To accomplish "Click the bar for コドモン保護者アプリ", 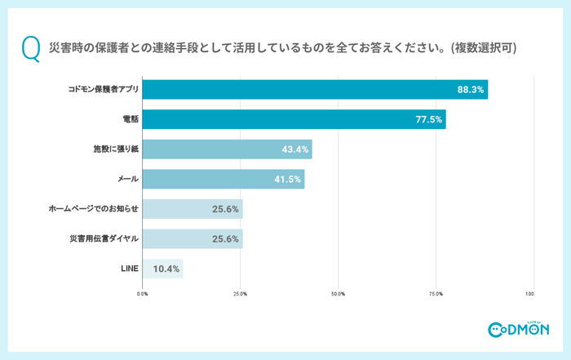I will pos(315,90).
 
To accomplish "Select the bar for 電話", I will pos(294,119).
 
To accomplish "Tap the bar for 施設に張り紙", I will pos(228,149).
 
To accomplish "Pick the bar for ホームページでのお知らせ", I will pos(193,209).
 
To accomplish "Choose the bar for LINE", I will pos(163,269).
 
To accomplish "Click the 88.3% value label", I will pos(471,90).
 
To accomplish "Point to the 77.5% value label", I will pos(429,120).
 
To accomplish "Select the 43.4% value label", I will pos(295,149).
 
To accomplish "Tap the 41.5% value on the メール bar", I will pos(288,180).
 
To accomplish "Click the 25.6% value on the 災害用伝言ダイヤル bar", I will pos(225,239).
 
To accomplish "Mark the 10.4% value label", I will pos(166,269).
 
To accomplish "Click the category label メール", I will pos(127,180).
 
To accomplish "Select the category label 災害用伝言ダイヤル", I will pos(104,239).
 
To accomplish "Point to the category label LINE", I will pos(130,269).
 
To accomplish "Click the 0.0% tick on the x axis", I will pos(143,293).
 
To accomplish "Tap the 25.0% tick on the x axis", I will pos(241,293).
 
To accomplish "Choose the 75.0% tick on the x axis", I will pos(436,293).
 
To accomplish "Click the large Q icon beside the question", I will pos(30,48).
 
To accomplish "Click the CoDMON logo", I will pos(519,329).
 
